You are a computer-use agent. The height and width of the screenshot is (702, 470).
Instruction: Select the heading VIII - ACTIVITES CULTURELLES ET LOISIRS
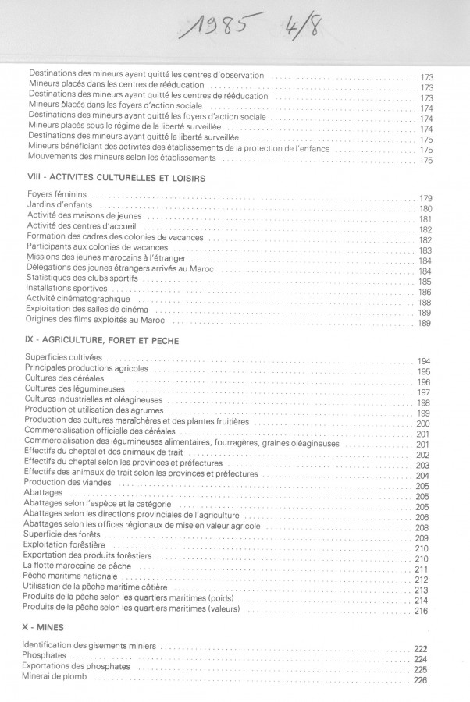(x=116, y=178)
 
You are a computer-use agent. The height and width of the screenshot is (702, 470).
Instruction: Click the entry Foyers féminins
(x=58, y=195)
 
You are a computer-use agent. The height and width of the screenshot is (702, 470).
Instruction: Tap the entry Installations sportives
(x=66, y=288)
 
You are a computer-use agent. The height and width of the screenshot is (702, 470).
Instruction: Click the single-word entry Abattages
(x=45, y=494)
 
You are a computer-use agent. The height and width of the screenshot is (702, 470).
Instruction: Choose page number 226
(x=420, y=680)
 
